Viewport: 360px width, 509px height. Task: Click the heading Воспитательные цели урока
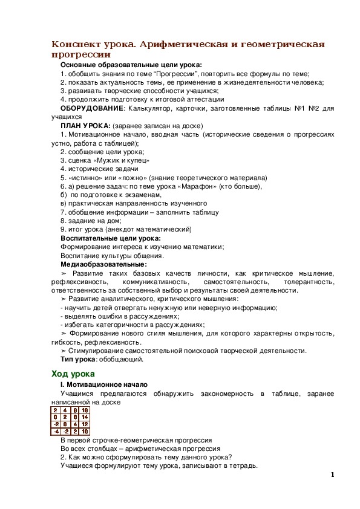pyautogui.click(x=110, y=238)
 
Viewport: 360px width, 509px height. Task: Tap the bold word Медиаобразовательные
pyautogui.click(x=103, y=264)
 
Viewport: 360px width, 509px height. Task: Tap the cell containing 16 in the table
pyautogui.click(x=85, y=410)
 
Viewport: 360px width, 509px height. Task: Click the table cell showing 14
pyautogui.click(x=85, y=417)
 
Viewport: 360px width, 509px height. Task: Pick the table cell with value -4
pyautogui.click(x=56, y=432)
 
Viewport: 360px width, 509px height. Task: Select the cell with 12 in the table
pyautogui.click(x=85, y=424)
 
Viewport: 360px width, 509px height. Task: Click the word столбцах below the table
pyautogui.click(x=97, y=449)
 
